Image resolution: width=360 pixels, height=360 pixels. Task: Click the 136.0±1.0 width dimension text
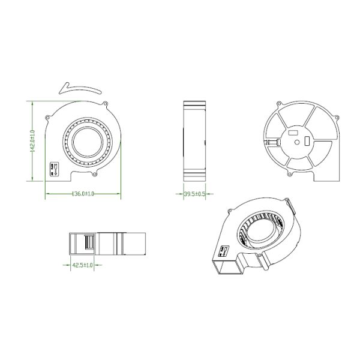83,194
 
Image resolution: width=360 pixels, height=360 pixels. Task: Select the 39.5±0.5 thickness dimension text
194,194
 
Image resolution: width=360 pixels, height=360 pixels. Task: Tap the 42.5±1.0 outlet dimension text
82,265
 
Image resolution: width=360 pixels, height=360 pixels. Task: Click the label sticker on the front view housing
52,170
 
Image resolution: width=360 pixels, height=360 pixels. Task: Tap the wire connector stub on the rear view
271,143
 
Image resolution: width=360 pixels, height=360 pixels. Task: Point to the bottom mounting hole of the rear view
290,175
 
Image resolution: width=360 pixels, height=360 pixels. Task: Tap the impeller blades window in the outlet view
89,244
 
